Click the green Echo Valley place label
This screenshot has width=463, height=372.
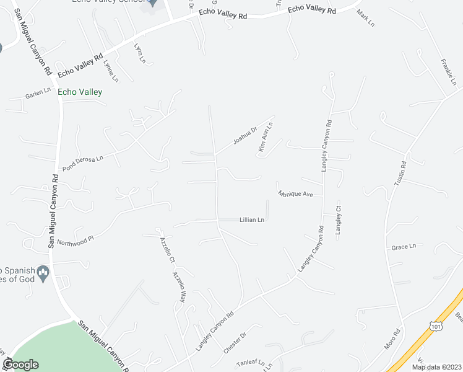point(79,92)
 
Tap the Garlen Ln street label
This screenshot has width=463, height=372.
point(37,94)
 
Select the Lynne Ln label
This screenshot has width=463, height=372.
point(110,71)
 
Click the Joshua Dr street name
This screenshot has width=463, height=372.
point(244,136)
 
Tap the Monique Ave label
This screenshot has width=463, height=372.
point(295,194)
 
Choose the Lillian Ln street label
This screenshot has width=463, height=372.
point(252,219)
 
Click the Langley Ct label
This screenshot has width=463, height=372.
point(339,220)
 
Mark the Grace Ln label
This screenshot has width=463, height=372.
point(404,247)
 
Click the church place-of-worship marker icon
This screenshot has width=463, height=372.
point(43,272)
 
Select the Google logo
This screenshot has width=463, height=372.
point(20,364)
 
